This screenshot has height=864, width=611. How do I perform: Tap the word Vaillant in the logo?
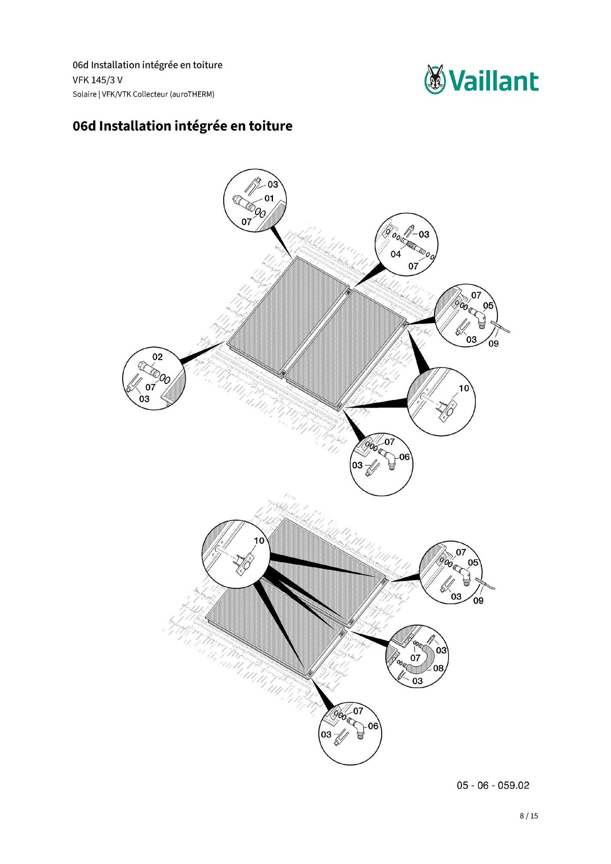[x=494, y=81]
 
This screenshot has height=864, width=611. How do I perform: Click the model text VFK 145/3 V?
[x=97, y=80]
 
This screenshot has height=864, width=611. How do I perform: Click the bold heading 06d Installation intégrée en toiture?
[x=182, y=126]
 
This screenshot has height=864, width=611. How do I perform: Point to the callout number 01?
[x=269, y=198]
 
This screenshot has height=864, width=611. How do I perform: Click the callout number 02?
[x=157, y=357]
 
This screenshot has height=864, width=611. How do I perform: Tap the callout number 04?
[x=396, y=254]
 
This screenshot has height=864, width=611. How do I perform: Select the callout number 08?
[x=439, y=668]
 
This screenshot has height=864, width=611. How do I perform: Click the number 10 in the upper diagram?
[x=464, y=388]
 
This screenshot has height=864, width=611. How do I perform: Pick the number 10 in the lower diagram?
[x=259, y=541]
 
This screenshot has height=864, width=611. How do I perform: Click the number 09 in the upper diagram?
[x=494, y=344]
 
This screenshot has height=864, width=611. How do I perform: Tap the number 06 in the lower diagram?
[x=373, y=726]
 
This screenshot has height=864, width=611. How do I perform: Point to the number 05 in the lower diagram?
[x=473, y=562]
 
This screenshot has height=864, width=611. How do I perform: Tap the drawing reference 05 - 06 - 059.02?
[x=493, y=786]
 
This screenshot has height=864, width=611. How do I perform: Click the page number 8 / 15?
[x=529, y=816]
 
